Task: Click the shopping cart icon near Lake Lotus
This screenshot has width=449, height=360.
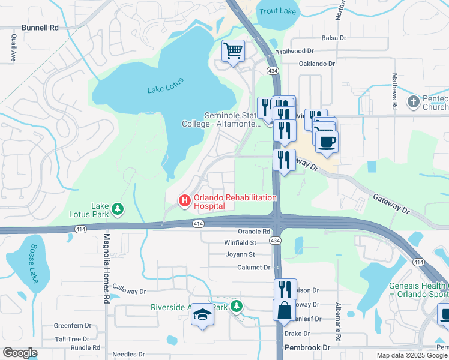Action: coord(233,50)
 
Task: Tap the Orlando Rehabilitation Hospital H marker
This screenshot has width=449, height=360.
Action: coord(184,200)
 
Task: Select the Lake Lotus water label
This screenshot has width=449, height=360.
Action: coord(166,86)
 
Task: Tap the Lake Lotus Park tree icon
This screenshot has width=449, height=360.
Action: coord(119,208)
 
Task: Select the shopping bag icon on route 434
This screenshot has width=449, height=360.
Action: coord(284,310)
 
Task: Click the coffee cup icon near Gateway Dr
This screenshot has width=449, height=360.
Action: coord(327,142)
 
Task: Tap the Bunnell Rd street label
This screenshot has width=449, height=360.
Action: coord(40,28)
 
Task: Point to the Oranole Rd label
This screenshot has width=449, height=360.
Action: coord(255,232)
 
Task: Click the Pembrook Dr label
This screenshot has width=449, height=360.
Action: coord(308,348)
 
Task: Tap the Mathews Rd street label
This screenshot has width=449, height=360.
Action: coord(394,91)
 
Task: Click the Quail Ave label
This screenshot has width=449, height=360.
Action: coord(13,47)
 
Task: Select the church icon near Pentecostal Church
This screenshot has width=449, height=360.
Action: coord(413,102)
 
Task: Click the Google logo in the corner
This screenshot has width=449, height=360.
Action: coord(20,353)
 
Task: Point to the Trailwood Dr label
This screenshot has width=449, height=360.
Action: coord(295,52)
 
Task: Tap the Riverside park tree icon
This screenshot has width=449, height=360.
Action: coord(237,307)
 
